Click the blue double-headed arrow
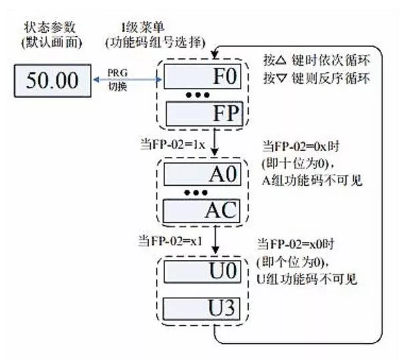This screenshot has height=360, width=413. click(x=127, y=81)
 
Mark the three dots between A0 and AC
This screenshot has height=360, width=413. click(x=198, y=193)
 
